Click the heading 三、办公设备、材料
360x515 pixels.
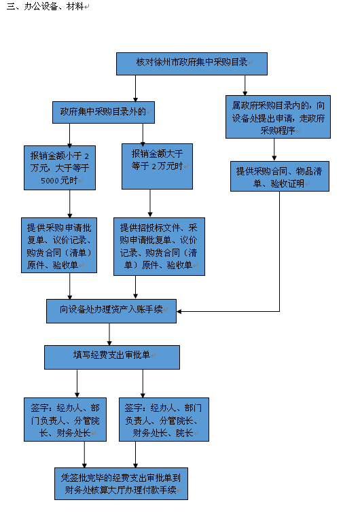(45, 6)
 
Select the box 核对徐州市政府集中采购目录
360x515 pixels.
(192, 64)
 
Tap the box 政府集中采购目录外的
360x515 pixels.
(103, 112)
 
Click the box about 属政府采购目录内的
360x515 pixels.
(278, 117)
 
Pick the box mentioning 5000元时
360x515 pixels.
(60, 168)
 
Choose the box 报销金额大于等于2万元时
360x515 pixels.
(157, 166)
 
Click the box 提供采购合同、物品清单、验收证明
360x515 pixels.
(280, 176)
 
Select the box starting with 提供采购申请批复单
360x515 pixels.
(59, 245)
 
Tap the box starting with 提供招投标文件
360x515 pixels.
(160, 247)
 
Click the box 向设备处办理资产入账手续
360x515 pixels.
(111, 311)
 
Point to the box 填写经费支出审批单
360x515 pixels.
(112, 357)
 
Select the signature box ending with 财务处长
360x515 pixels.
(65, 419)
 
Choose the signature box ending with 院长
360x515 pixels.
(164, 419)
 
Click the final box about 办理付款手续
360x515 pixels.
(121, 484)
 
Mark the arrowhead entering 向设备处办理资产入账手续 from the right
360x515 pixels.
(179, 311)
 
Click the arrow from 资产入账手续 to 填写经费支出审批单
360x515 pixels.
(109, 334)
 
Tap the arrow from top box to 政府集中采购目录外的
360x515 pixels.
(135, 88)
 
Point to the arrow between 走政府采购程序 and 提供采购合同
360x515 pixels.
(274, 149)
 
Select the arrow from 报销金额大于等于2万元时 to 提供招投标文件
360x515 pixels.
(150, 203)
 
